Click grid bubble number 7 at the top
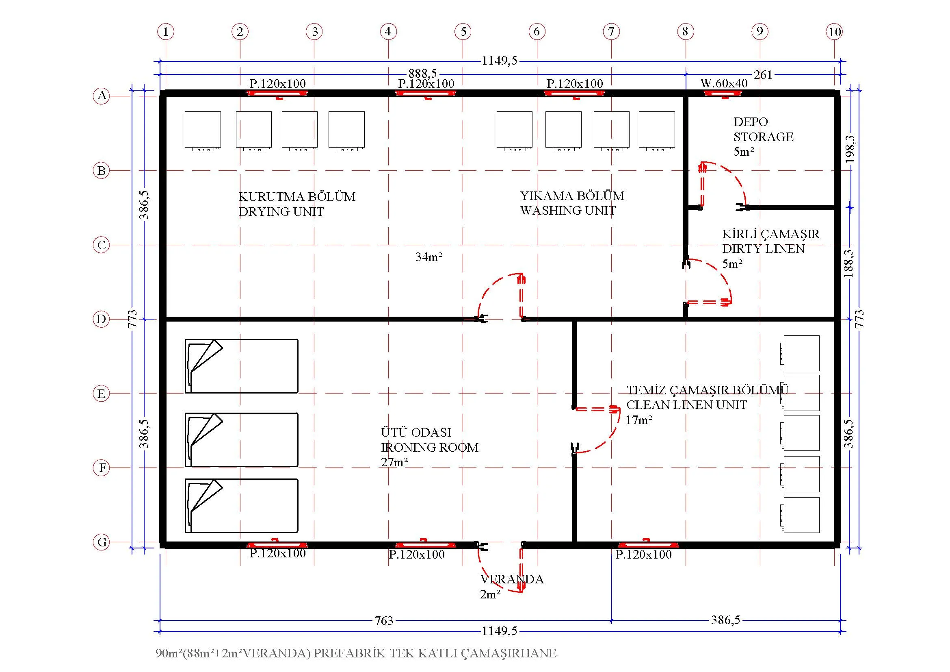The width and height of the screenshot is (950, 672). click(x=611, y=31)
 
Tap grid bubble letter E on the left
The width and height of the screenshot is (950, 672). click(x=102, y=394)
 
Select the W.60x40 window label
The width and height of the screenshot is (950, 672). click(x=724, y=83)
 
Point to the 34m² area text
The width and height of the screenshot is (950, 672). click(x=429, y=257)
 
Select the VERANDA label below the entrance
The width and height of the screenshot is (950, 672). click(x=512, y=579)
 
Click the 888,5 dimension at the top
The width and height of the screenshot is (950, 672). click(x=422, y=74)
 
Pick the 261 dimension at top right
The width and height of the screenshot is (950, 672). click(x=764, y=74)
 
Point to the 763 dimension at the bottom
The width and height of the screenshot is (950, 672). click(x=384, y=621)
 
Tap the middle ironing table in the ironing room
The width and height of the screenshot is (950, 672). click(x=241, y=439)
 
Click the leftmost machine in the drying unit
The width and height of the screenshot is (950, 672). click(x=203, y=131)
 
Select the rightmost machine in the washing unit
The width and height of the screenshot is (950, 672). click(x=657, y=131)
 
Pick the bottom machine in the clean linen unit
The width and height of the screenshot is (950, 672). click(x=800, y=515)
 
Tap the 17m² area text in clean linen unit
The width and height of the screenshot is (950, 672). click(x=639, y=420)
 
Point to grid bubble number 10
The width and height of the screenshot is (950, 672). click(x=834, y=31)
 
